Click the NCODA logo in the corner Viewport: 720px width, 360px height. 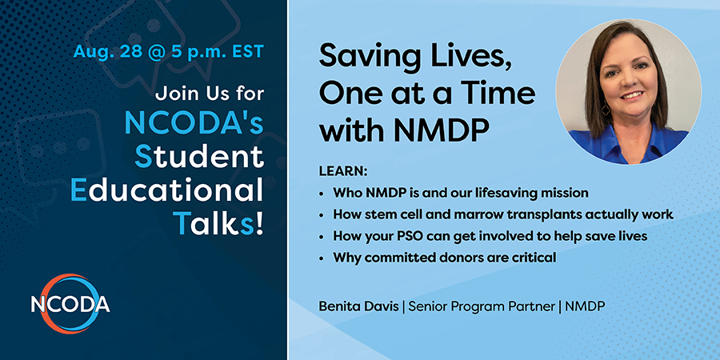(70, 304)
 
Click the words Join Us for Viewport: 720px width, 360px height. (210, 94)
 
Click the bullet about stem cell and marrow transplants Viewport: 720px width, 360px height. (503, 214)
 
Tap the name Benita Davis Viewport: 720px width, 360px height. (359, 306)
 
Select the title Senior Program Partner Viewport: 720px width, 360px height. (482, 307)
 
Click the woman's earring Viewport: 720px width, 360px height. (606, 109)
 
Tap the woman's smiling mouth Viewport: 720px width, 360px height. (632, 95)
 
